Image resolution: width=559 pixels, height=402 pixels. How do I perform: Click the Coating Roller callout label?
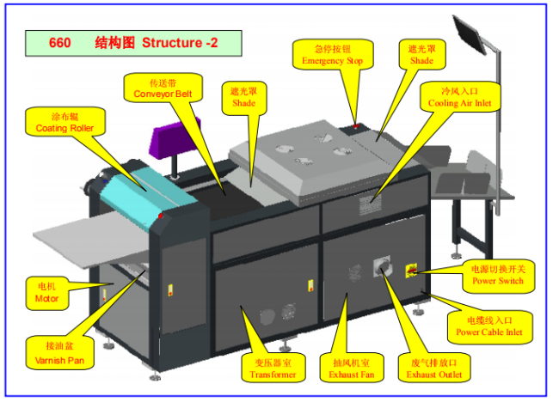[x=64, y=122]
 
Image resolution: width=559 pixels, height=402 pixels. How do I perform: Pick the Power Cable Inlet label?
[x=488, y=326]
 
